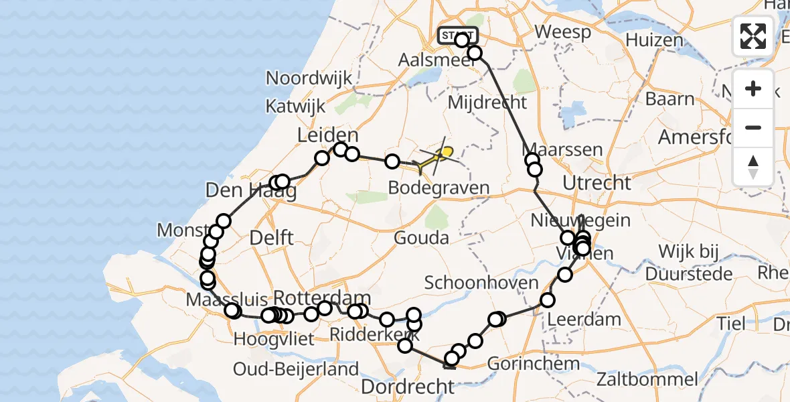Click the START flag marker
(458, 35)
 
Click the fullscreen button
(753, 36)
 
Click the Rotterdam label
(322, 297)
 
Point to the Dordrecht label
(408, 386)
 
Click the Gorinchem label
(533, 364)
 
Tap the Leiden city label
(328, 137)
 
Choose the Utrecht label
(597, 182)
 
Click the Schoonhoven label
(481, 282)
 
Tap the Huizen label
(654, 40)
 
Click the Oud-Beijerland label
(296, 368)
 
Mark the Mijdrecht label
(487, 103)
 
